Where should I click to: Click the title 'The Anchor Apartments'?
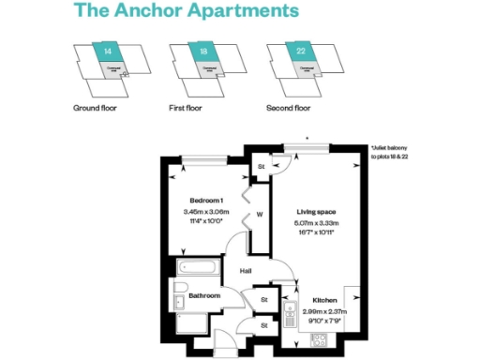[x=187, y=12]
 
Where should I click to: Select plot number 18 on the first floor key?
[x=203, y=52]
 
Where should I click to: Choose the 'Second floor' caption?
[x=289, y=109]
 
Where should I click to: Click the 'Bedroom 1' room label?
[x=204, y=201]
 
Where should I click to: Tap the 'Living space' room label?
[x=315, y=213]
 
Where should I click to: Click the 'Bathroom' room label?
[x=204, y=296]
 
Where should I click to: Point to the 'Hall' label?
[x=246, y=272]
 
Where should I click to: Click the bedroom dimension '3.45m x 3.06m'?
[x=204, y=212]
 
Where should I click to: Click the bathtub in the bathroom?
[x=198, y=268]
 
